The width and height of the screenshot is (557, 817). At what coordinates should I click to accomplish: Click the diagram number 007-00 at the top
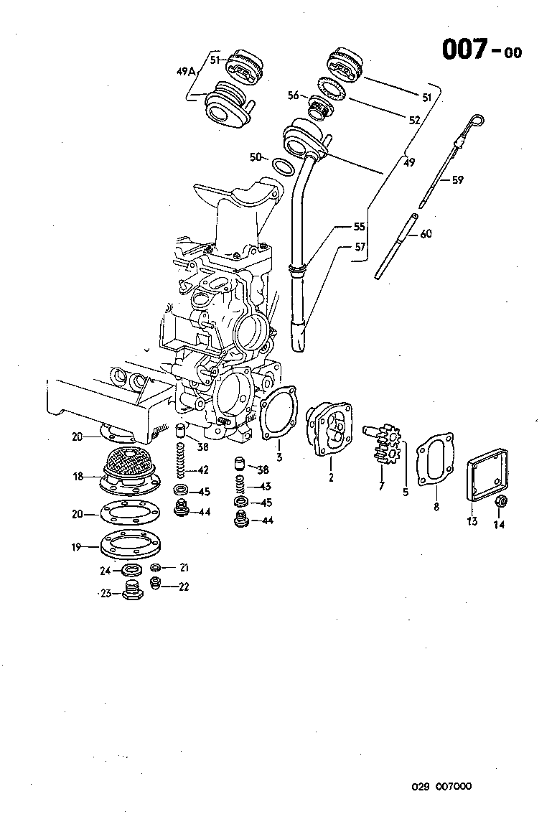(480, 50)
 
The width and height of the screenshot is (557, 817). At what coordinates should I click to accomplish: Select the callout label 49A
(185, 71)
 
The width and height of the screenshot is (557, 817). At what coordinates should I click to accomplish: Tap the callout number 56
(294, 95)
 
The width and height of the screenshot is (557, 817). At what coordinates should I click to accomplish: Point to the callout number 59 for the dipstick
(457, 180)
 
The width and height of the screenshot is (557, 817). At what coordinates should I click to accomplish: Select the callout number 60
(426, 233)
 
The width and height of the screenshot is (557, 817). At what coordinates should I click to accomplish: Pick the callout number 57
(360, 246)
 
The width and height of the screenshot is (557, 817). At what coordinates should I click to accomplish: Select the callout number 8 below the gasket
(436, 507)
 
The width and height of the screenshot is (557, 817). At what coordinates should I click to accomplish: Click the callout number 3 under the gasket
(279, 457)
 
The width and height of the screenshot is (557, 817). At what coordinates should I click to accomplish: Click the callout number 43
(266, 487)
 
